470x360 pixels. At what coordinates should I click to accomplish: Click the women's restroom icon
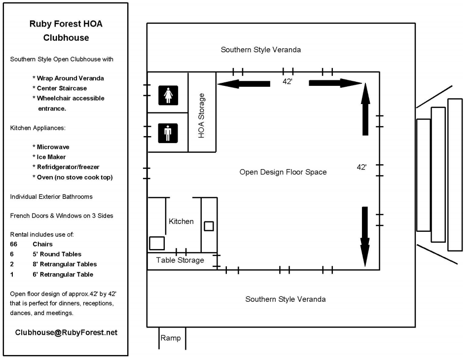pyautogui.click(x=168, y=95)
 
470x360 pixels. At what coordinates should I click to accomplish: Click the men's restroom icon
pyautogui.click(x=168, y=133)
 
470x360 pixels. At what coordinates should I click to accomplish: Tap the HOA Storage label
pyautogui.click(x=201, y=115)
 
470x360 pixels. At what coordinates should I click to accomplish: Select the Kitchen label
pyautogui.click(x=181, y=221)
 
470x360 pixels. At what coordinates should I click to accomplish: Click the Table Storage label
pyautogui.click(x=180, y=260)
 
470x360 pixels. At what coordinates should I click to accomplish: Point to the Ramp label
pyautogui.click(x=171, y=338)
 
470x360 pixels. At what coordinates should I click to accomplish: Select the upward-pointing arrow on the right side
pyautogui.click(x=365, y=108)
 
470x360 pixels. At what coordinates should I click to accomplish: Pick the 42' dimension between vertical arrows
pyautogui.click(x=362, y=168)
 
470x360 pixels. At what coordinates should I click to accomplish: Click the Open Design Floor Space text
pyautogui.click(x=283, y=172)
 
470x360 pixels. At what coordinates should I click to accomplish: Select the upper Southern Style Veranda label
pyautogui.click(x=260, y=50)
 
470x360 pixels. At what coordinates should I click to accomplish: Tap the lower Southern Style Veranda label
pyautogui.click(x=285, y=299)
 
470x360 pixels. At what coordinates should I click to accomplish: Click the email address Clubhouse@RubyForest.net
pyautogui.click(x=66, y=332)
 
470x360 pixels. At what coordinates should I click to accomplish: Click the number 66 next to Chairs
pyautogui.click(x=14, y=244)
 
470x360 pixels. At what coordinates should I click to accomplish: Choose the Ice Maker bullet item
pyautogui.click(x=51, y=157)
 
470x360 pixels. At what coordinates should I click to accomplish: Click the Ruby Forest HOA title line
pyautogui.click(x=66, y=24)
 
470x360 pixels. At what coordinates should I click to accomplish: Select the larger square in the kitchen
pyautogui.click(x=157, y=243)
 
